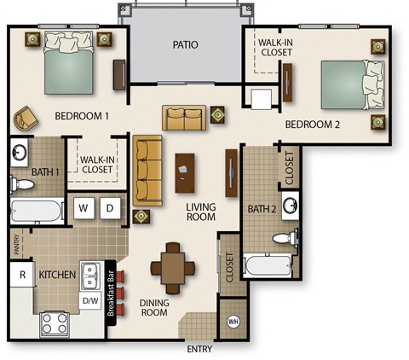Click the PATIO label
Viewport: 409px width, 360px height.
185,44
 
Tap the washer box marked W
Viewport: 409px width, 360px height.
84,207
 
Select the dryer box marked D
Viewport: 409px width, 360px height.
110,207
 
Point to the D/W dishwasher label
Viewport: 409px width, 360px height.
89,299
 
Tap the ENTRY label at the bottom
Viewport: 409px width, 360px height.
200,348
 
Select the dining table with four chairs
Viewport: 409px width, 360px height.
173,264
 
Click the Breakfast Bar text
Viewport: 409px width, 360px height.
111,293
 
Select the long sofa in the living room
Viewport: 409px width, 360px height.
147,169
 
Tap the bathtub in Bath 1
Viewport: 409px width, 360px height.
36,211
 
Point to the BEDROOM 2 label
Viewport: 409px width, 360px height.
313,125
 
